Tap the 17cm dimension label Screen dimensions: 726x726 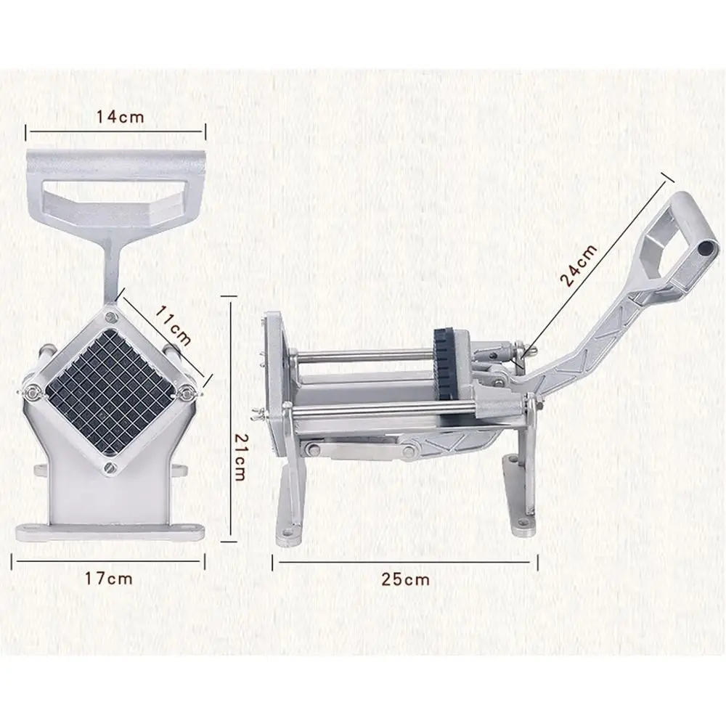(109, 579)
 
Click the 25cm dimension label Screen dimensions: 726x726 (406, 579)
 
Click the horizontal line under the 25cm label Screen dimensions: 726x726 (404, 559)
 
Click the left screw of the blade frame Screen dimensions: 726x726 (33, 393)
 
